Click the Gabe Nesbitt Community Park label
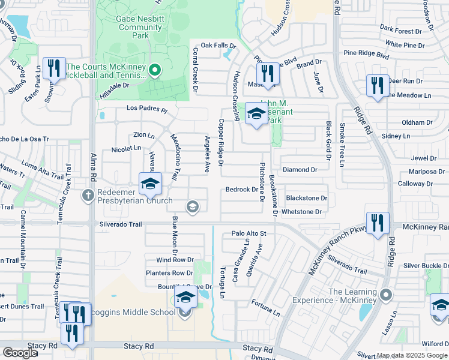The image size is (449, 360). pos(131,27)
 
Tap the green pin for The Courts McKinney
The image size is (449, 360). pos(154,71)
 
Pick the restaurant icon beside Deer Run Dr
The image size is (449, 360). pos(377,85)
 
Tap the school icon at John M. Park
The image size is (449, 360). pos(256,113)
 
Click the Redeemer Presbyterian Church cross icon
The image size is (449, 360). pos(88,194)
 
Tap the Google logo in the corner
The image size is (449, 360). pos(20,353)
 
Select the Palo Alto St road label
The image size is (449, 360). pos(249,233)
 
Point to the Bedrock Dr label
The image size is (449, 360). pos(241,190)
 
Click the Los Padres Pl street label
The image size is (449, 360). pos(146,110)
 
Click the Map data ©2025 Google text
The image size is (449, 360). pos(412,355)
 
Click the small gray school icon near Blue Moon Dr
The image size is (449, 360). pos(193,208)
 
